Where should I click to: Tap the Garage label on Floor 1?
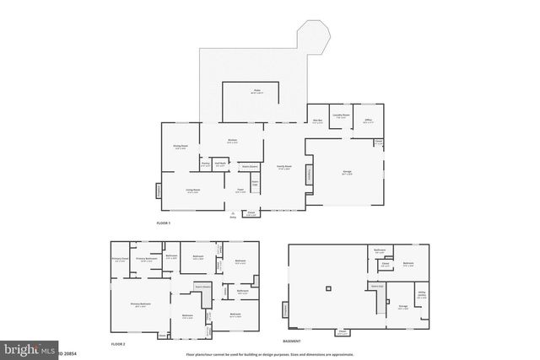pyautogui.click(x=348, y=172)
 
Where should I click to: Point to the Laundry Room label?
pyautogui.click(x=342, y=116)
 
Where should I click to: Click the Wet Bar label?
pyautogui.click(x=318, y=120)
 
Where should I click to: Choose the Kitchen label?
pyautogui.click(x=233, y=141)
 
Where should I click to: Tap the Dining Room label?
pyautogui.click(x=180, y=147)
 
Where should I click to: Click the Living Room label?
pyautogui.click(x=192, y=191)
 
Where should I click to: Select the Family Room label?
pyautogui.click(x=284, y=167)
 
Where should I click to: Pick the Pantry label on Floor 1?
pyautogui.click(x=205, y=164)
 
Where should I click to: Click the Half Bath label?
pyautogui.click(x=220, y=164)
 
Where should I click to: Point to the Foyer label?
pyautogui.click(x=240, y=191)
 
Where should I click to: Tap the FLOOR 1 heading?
pyautogui.click(x=164, y=223)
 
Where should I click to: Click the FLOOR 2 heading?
pyautogui.click(x=118, y=345)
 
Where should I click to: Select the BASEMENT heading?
pyautogui.click(x=292, y=341)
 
